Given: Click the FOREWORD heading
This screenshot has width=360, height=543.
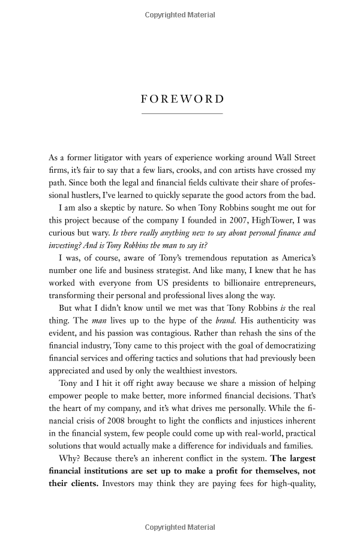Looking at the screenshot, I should tap(182, 99).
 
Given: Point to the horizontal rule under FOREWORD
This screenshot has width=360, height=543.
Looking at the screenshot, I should tap(182, 113).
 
